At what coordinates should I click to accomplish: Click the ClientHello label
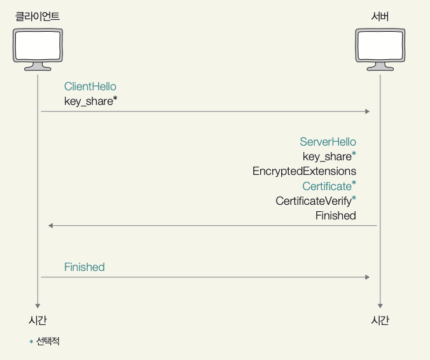(90, 87)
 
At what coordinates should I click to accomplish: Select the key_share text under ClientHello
(91, 101)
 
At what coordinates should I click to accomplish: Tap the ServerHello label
(328, 142)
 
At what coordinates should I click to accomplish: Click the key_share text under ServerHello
(329, 156)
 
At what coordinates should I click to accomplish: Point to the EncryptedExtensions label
(305, 171)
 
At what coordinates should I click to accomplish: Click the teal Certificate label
(329, 186)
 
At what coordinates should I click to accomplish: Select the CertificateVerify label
(316, 201)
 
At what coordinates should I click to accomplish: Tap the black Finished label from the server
(336, 216)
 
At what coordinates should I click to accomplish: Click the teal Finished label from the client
(85, 267)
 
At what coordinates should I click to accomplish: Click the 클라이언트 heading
(38, 17)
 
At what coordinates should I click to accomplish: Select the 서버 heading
(380, 17)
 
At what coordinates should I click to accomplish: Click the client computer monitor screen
(38, 45)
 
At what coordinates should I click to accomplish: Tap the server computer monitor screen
(380, 45)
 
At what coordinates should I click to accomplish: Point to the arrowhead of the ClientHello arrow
(368, 111)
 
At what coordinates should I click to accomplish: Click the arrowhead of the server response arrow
(50, 226)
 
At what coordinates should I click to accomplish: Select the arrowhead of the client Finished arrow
(368, 277)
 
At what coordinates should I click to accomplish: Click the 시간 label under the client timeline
(38, 320)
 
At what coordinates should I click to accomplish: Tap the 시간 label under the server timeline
(380, 320)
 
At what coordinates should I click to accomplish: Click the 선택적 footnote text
(48, 342)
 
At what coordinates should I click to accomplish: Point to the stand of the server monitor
(380, 67)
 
